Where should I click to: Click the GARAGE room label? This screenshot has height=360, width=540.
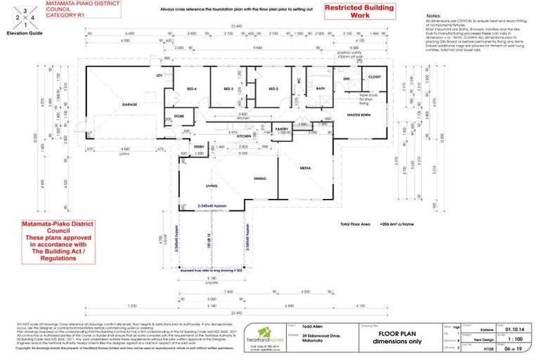(x=129, y=104)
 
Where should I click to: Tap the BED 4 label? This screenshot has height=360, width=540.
(x=191, y=89)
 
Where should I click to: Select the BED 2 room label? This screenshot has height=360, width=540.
(x=272, y=89)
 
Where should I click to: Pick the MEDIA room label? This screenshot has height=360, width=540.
(x=306, y=169)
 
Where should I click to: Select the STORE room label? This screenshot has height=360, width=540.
(x=179, y=116)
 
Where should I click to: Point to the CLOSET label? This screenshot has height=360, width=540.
(x=374, y=77)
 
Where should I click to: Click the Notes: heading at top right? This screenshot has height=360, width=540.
(x=435, y=16)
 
